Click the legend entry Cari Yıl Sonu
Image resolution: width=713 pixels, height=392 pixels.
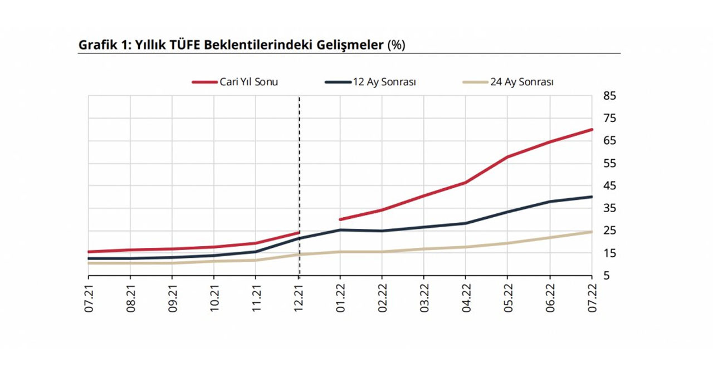click(x=248, y=82)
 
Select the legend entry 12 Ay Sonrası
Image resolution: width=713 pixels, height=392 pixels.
click(x=384, y=82)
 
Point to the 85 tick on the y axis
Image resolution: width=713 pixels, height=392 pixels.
click(x=609, y=96)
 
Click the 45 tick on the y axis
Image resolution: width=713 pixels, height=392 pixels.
click(x=609, y=186)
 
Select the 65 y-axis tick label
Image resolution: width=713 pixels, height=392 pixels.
click(x=609, y=141)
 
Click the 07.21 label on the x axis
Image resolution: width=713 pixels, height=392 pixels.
click(x=89, y=300)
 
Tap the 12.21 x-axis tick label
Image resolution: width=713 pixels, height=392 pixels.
click(x=299, y=300)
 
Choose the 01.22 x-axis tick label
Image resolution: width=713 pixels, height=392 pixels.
click(x=340, y=300)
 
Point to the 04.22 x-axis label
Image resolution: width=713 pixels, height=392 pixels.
click(x=466, y=300)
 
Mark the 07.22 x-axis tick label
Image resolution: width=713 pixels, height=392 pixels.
click(x=592, y=300)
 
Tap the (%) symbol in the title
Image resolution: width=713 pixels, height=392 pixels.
click(x=396, y=45)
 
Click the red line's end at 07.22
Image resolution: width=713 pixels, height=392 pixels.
click(x=591, y=130)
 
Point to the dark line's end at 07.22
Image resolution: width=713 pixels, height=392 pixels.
click(x=591, y=197)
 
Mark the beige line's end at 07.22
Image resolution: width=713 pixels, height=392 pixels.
click(x=591, y=232)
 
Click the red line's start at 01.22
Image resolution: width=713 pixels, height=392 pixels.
click(x=340, y=219)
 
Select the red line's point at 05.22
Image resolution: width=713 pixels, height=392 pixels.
click(x=507, y=156)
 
